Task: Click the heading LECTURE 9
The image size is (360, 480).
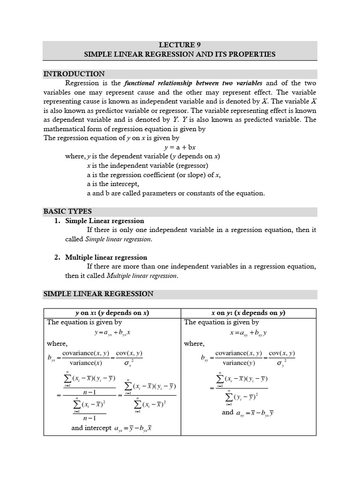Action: click(x=180, y=45)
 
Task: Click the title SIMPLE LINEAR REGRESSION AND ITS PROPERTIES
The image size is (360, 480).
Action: click(x=180, y=54)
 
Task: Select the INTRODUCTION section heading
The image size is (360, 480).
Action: click(x=74, y=74)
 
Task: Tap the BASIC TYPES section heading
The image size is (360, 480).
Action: click(x=67, y=211)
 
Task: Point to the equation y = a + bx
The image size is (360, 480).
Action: click(x=180, y=147)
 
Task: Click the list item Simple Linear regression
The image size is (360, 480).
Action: click(x=105, y=221)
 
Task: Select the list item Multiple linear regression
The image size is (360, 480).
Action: click(x=106, y=257)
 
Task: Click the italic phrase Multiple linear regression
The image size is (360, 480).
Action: click(x=142, y=276)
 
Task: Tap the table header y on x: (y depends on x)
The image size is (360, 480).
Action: click(x=112, y=313)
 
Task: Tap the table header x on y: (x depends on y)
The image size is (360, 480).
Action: click(x=248, y=313)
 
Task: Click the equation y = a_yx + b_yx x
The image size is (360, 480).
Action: click(x=112, y=332)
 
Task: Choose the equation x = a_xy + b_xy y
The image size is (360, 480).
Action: click(x=248, y=332)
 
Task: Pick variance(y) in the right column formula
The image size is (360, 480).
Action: click(x=237, y=363)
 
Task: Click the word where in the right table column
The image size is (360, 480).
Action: click(x=194, y=344)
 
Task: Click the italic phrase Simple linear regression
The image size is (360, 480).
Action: click(x=119, y=239)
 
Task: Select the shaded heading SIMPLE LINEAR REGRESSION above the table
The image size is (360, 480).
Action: click(x=98, y=294)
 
